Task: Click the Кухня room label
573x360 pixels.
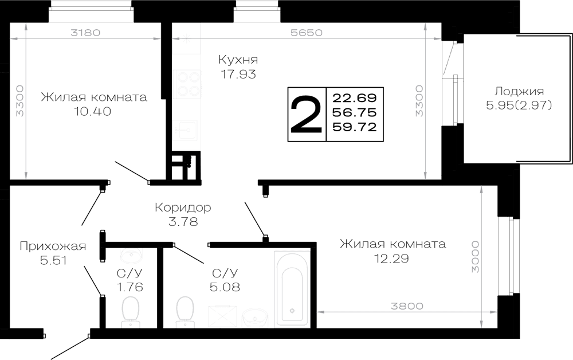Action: (238, 59)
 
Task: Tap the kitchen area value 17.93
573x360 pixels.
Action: (238, 74)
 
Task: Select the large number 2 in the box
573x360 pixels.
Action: (306, 115)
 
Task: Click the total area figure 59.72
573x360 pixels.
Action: (355, 127)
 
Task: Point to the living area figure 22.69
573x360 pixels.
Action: (355, 98)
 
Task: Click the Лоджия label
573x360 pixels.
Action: (519, 91)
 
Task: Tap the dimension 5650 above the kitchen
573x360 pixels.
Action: (306, 33)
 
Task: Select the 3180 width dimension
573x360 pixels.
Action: (85, 33)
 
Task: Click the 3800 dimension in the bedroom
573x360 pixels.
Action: (407, 306)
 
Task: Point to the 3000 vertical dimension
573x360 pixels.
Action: (475, 257)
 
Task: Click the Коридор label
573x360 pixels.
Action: (183, 208)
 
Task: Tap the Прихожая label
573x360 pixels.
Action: (53, 246)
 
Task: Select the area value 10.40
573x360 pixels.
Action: (93, 111)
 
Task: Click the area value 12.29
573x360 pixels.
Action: (391, 259)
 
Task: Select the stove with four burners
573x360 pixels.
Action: (189, 84)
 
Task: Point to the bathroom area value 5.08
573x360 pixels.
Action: (225, 287)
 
